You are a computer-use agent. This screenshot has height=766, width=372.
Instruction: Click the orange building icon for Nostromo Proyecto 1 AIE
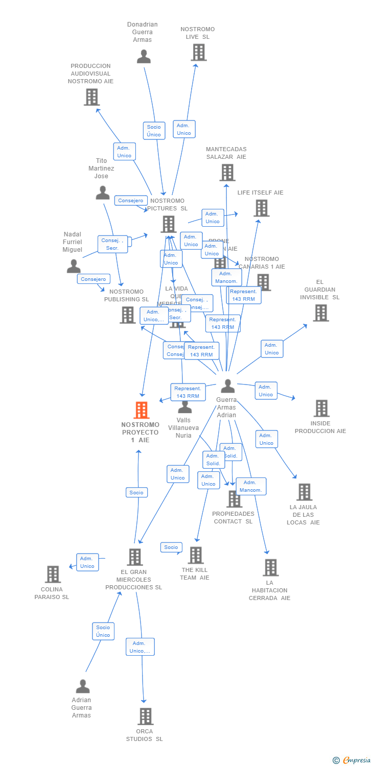tap(141, 410)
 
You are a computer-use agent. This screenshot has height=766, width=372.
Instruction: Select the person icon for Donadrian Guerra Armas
tap(144, 56)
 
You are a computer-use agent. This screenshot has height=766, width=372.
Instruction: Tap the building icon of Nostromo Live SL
tap(198, 52)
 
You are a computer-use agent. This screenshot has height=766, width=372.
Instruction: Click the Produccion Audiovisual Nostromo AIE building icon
tap(91, 97)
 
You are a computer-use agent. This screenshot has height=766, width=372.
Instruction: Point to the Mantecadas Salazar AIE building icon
tap(227, 172)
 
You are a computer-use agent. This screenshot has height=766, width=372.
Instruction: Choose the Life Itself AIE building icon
tap(261, 208)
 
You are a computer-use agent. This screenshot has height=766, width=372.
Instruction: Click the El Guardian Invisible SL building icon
tap(320, 313)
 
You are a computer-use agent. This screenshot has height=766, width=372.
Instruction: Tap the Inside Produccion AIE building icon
tap(321, 408)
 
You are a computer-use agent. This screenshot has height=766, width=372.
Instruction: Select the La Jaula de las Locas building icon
tap(304, 492)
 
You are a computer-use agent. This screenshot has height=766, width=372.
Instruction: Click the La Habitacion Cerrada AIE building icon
tap(270, 567)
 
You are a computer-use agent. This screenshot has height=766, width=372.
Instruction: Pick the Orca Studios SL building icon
tap(145, 716)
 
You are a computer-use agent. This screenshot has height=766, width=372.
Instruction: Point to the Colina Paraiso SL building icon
tap(53, 574)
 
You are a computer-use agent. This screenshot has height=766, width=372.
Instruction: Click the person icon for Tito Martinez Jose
tap(103, 193)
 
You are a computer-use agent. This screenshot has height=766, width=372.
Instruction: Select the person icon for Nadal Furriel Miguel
tap(74, 266)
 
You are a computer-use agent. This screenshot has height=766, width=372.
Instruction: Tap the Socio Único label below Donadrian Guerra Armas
tap(154, 131)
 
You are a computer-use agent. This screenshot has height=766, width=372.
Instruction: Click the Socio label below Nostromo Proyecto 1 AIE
tap(136, 492)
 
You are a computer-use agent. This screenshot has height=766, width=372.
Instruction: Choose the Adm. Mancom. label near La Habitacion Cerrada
tap(251, 486)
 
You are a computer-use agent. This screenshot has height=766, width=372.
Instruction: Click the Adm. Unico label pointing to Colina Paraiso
tap(87, 562)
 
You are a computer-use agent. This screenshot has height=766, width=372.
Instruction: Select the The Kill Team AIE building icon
tap(195, 555)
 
